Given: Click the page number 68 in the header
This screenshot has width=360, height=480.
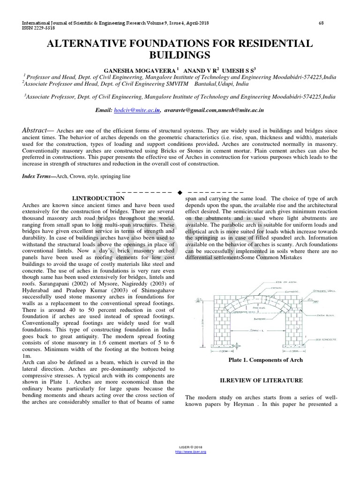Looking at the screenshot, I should tap(321, 23).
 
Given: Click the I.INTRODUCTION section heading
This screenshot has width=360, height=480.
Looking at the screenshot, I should tap(98, 198).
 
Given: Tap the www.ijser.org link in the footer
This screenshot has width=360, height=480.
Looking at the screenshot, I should tap(190, 451).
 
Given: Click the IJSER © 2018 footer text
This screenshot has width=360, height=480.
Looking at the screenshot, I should tap(190, 448).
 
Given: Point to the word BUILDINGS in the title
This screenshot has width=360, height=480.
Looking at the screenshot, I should tap(180, 55).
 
